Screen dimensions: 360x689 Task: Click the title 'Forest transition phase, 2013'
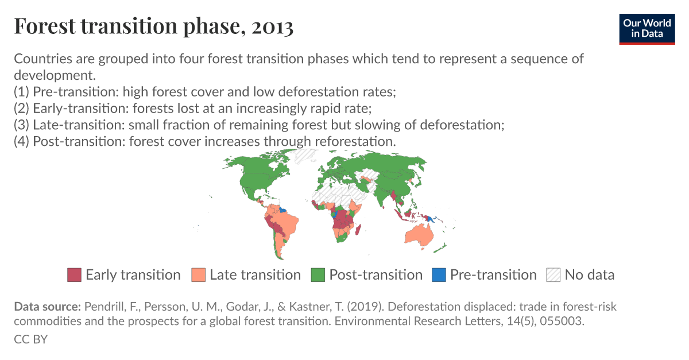[x=153, y=27]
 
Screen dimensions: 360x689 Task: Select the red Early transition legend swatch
[x=75, y=275]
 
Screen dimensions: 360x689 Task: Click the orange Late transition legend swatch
[x=199, y=275]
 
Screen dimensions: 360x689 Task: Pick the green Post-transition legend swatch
[x=318, y=275]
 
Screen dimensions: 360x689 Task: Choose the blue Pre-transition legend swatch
[x=439, y=275]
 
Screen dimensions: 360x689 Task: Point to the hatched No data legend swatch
[x=553, y=275]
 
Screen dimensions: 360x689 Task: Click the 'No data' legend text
[x=589, y=275]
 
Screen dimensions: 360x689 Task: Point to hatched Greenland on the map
[x=304, y=156]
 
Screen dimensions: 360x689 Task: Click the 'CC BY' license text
[x=30, y=339]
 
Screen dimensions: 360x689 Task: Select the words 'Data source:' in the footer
[x=48, y=306]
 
